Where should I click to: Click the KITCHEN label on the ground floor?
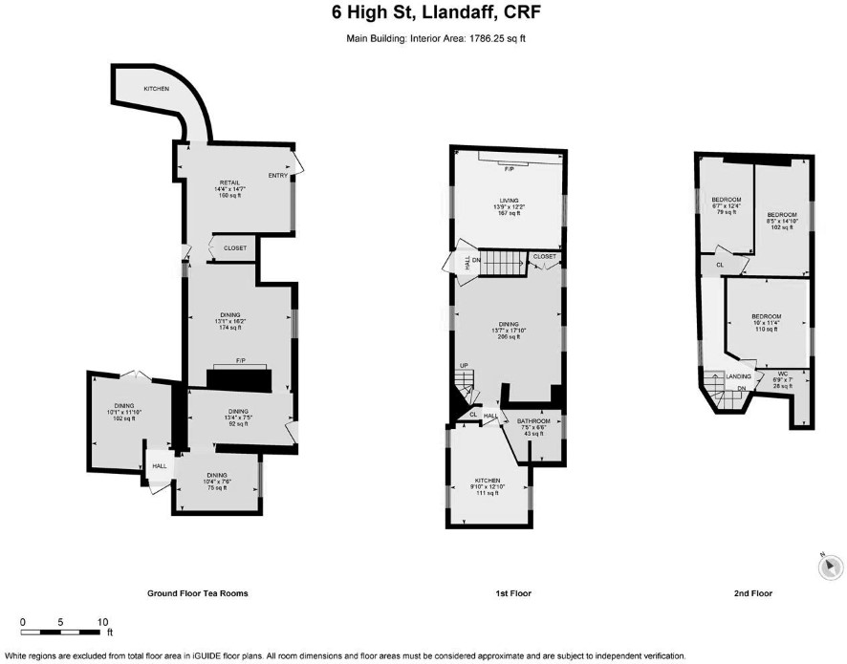157,89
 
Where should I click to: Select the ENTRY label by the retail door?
278,175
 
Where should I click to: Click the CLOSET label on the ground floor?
234,248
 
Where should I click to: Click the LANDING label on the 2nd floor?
739,377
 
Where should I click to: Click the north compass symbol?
829,567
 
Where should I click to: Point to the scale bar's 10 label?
102,621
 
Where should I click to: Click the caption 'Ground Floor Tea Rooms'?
197,593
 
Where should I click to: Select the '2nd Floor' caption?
753,593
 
